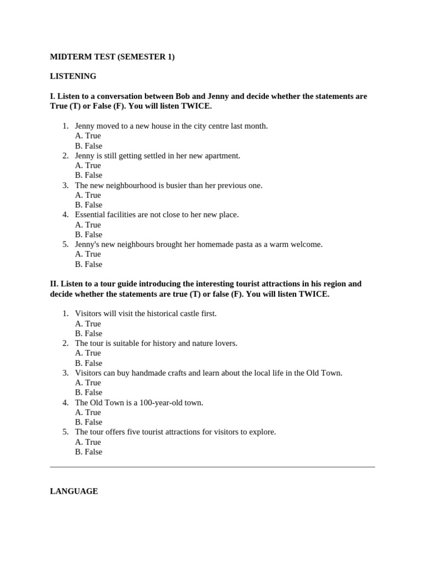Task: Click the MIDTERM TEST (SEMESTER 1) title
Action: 112,56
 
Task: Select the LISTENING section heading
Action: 73,76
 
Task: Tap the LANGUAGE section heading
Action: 74,491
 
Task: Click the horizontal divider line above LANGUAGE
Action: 212,467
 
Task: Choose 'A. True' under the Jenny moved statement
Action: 88,136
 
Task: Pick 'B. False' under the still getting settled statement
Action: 89,175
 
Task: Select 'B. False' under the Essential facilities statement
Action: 89,234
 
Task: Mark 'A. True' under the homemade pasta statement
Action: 88,254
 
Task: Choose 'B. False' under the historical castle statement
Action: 89,333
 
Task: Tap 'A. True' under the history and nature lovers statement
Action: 88,353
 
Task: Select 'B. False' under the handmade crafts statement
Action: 89,392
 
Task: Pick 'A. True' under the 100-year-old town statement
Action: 88,412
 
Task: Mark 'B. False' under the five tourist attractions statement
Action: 89,452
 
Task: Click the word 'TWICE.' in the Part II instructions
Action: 314,294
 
